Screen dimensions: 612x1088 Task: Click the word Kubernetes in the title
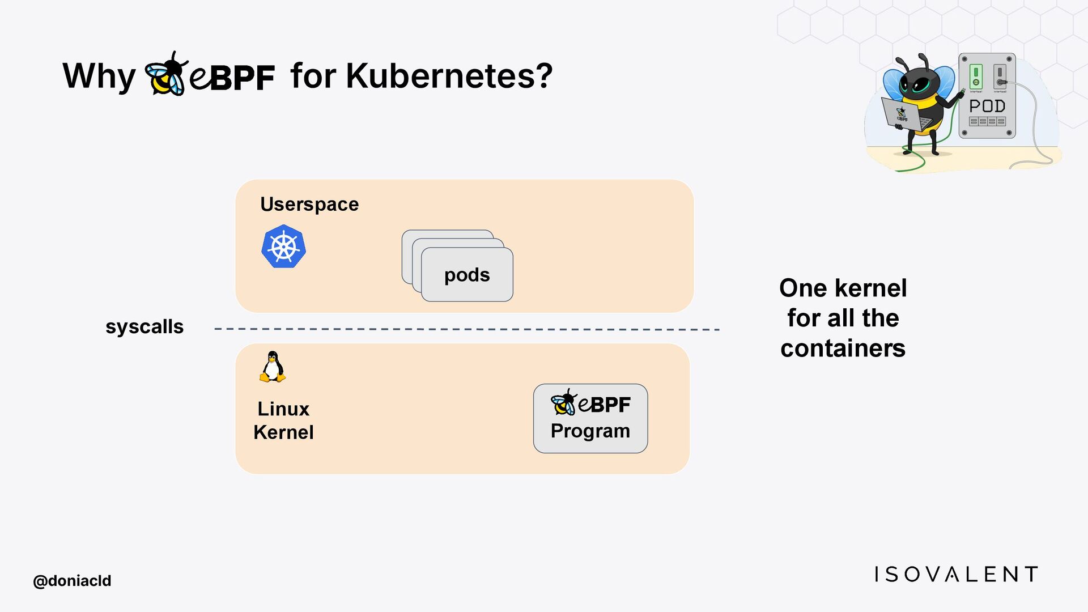click(449, 75)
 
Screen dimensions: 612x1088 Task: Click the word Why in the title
click(99, 76)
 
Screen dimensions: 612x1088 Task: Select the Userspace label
click(309, 204)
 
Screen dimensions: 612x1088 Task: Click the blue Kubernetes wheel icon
click(283, 246)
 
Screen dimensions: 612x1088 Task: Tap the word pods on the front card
click(467, 275)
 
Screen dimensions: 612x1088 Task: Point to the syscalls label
click(144, 326)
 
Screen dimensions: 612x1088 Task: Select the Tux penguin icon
click(273, 367)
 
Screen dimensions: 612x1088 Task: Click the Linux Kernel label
click(283, 420)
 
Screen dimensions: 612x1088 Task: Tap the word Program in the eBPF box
click(590, 431)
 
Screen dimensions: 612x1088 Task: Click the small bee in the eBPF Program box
click(563, 402)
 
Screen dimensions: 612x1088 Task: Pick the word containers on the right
click(843, 348)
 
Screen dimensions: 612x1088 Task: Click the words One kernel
click(843, 288)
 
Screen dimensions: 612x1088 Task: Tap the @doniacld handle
click(72, 581)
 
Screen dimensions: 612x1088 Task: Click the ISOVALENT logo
click(956, 574)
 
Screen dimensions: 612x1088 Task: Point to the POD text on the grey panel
click(987, 106)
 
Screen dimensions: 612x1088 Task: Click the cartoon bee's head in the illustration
click(918, 79)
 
